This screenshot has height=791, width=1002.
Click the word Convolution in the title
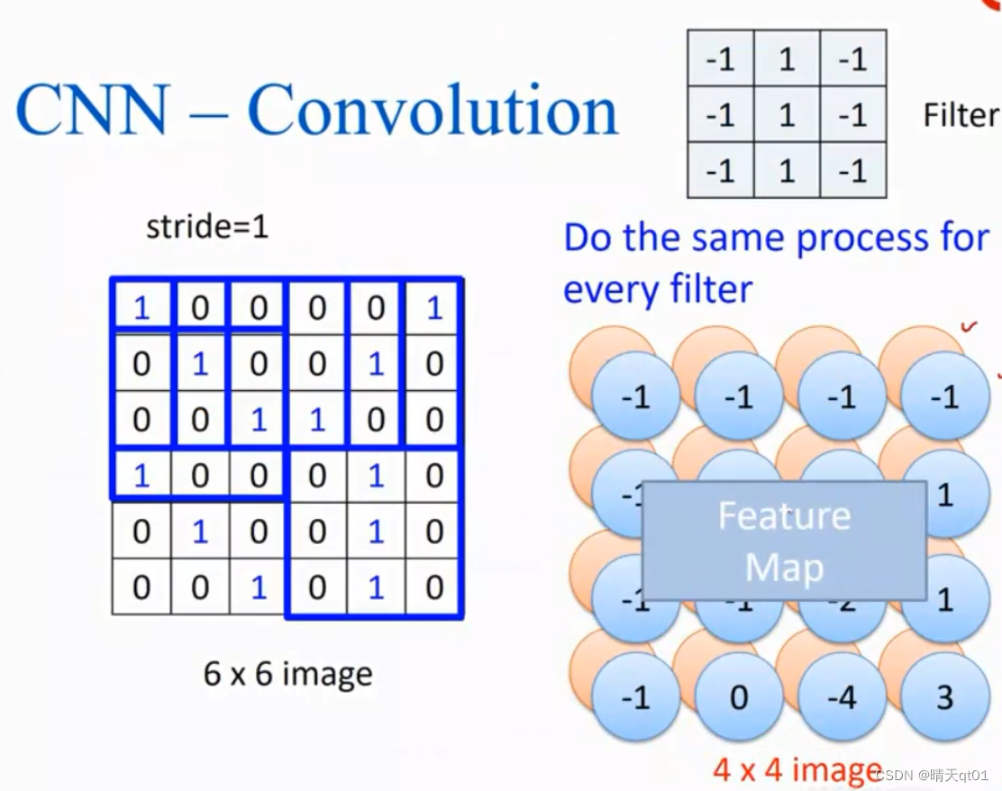point(433,111)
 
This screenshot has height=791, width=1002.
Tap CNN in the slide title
point(93,111)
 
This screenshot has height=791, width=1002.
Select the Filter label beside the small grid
point(961,115)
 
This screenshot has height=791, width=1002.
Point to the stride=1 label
point(207,227)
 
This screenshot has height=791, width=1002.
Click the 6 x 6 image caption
point(287,673)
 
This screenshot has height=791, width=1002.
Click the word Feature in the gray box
point(784,516)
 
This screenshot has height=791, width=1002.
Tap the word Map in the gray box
point(784,568)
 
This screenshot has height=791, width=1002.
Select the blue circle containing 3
point(944,697)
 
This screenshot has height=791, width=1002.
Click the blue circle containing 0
point(739,697)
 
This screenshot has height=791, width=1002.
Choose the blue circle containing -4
point(842,697)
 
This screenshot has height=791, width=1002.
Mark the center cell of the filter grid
point(787,115)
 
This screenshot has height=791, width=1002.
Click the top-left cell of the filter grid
point(721,59)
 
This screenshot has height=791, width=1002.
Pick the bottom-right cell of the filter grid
point(852,170)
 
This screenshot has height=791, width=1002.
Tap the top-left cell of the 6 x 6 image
point(141,308)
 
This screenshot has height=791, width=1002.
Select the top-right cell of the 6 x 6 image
point(434,308)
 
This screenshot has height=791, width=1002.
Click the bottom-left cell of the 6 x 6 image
point(141,587)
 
